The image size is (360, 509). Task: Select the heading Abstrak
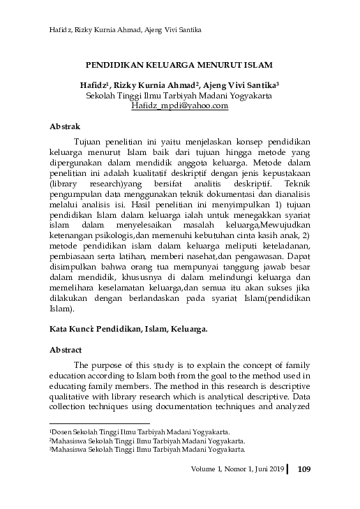(66, 127)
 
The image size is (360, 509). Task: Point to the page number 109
(303, 469)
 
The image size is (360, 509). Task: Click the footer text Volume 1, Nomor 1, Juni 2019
(237, 469)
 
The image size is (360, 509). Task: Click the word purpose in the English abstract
(125, 365)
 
